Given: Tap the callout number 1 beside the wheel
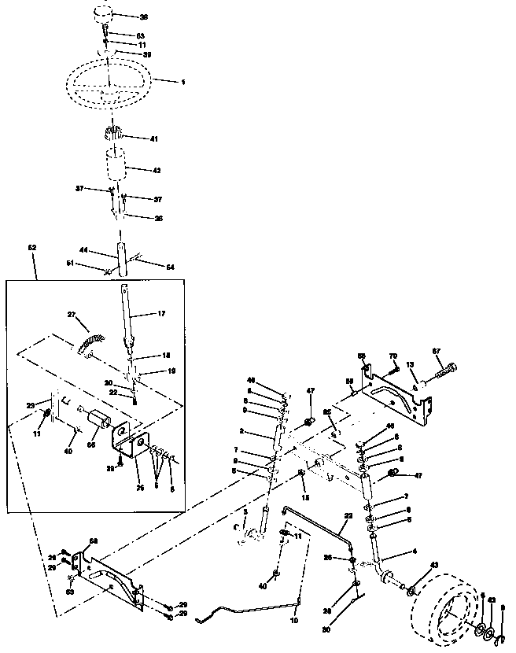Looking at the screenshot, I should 182,82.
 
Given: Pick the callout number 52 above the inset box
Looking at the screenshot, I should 32,247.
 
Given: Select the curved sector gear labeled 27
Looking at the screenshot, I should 90,340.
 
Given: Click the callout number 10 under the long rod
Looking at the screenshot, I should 295,622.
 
